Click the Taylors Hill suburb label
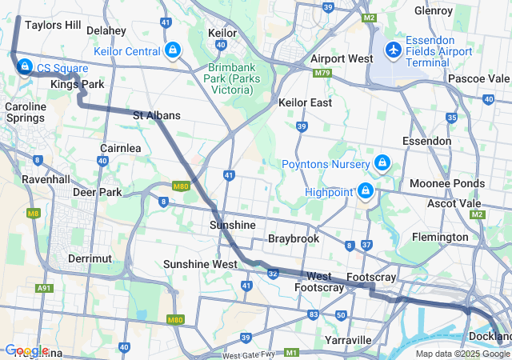52,26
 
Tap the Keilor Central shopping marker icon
173,52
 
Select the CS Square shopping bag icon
25,66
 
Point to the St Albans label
156,115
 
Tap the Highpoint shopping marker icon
366,191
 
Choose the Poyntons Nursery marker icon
382,163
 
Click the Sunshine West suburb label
200,264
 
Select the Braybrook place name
294,238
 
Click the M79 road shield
322,73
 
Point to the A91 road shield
44,288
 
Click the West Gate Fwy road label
248,354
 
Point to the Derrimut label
89,258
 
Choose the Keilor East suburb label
305,103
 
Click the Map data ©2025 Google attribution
462,354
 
